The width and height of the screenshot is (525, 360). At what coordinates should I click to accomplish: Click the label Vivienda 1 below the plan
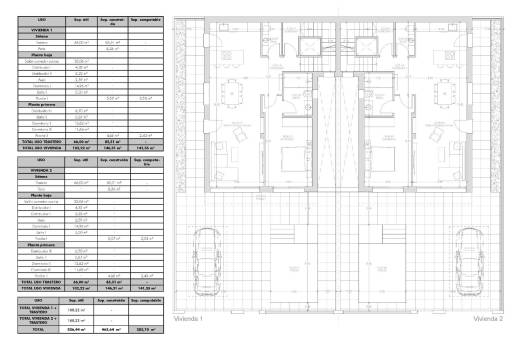[x=188, y=319]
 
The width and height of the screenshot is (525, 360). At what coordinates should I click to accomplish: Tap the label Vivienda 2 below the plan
[x=487, y=319]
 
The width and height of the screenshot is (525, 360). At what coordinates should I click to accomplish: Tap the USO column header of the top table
[x=41, y=18]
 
